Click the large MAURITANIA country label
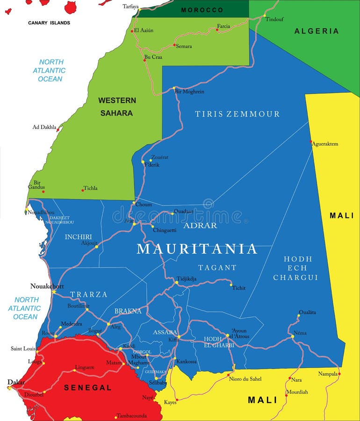point(197,249)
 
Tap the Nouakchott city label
point(47,286)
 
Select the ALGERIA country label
point(317,31)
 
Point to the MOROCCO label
point(202,10)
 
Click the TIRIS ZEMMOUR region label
point(237,114)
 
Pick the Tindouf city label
point(274,19)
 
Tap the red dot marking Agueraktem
point(311,141)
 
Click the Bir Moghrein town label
point(189,92)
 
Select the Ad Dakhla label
point(44,127)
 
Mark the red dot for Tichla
point(83,190)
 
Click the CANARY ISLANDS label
point(49,23)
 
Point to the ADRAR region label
point(201,225)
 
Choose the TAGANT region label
point(217,268)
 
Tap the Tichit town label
point(238,288)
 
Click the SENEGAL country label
point(88,388)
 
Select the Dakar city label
point(16,382)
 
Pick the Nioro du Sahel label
point(245,379)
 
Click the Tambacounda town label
point(131,415)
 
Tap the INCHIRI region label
point(78,237)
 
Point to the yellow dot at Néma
point(293,336)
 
